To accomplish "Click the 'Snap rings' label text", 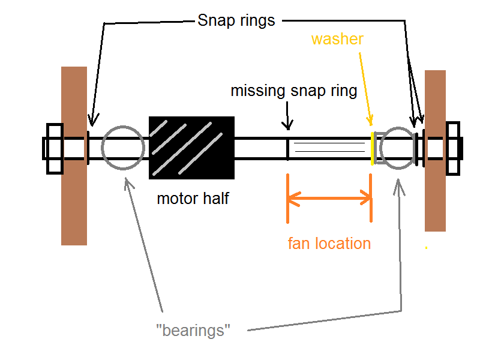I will pyautogui.click(x=236, y=21).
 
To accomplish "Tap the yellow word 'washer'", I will pyautogui.click(x=337, y=40).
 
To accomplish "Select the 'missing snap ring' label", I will pyautogui.click(x=294, y=91).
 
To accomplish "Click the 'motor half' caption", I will pyautogui.click(x=193, y=198).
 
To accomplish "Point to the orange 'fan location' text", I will pyautogui.click(x=329, y=244).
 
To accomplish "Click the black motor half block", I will pyautogui.click(x=191, y=148).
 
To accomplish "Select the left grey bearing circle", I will pyautogui.click(x=123, y=148).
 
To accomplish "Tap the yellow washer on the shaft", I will pyautogui.click(x=373, y=148).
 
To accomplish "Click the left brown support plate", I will pyautogui.click(x=74, y=155).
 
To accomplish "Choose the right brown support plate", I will pyautogui.click(x=435, y=150).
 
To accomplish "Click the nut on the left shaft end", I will pyautogui.click(x=54, y=148).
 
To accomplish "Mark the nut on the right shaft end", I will pyautogui.click(x=452, y=148).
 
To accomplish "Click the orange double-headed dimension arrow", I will pyautogui.click(x=329, y=199).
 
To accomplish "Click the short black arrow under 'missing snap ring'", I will pyautogui.click(x=288, y=115).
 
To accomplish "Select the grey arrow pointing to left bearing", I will pyautogui.click(x=144, y=240).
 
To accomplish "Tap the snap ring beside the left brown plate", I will pyautogui.click(x=88, y=148).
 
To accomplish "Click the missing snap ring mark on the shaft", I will pyautogui.click(x=288, y=148).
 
